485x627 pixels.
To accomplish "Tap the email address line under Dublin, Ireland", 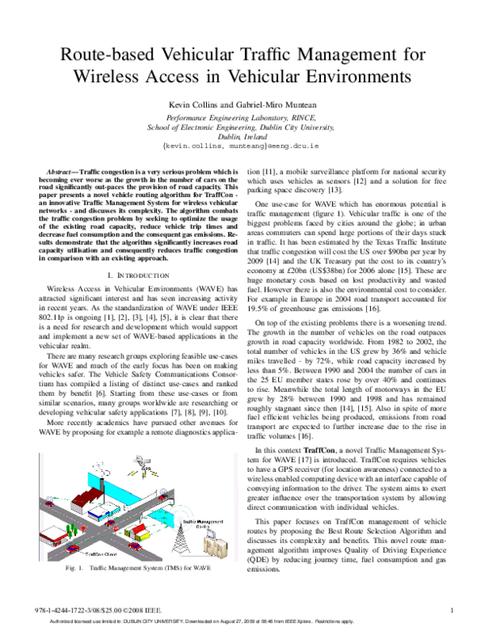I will point(242,149).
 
